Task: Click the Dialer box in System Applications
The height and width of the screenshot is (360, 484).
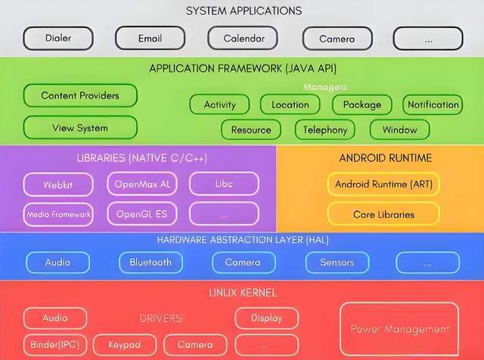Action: click(x=58, y=39)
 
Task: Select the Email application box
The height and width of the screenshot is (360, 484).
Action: click(x=150, y=39)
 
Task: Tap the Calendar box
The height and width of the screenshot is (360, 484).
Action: click(x=243, y=39)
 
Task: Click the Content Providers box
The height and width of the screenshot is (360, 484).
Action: click(x=80, y=96)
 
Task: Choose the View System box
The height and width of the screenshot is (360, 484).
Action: click(x=80, y=128)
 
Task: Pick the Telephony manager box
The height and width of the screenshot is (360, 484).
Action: click(x=325, y=129)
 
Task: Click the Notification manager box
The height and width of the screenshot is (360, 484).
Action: click(x=433, y=104)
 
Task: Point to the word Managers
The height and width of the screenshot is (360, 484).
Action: click(x=325, y=87)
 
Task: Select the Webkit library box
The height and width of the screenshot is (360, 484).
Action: click(x=58, y=185)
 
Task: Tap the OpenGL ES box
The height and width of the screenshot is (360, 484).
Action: click(x=142, y=214)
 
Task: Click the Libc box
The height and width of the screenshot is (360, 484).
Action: click(x=224, y=184)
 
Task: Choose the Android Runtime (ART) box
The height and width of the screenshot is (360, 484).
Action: click(x=383, y=185)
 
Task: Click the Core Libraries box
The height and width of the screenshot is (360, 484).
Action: click(x=383, y=214)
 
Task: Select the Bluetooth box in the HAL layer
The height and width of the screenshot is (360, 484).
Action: click(x=150, y=262)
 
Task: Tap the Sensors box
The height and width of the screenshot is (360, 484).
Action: click(x=337, y=262)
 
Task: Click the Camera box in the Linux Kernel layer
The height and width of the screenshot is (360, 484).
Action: click(x=195, y=345)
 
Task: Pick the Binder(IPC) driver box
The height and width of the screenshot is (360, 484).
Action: click(x=55, y=345)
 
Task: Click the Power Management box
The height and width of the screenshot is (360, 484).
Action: click(x=399, y=329)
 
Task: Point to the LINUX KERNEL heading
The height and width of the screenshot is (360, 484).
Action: click(x=243, y=293)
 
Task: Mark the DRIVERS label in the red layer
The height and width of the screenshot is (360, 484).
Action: click(x=160, y=318)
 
